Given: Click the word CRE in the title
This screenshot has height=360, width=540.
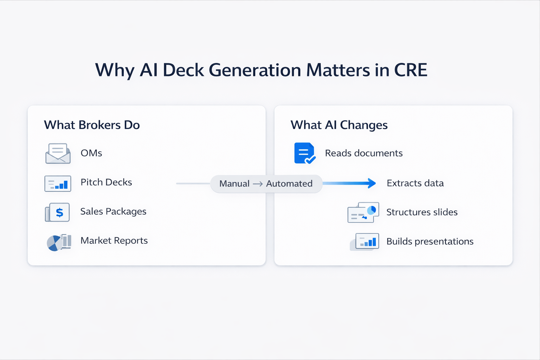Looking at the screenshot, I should (410, 70).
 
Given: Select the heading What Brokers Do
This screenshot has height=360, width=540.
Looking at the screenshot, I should (92, 125).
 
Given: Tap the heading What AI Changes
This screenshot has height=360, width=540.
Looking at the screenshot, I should (339, 125).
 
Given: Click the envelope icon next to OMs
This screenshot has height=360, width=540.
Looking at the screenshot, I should (58, 153).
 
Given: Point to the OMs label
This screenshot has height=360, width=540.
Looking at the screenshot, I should (91, 153).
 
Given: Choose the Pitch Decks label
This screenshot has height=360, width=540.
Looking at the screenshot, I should (106, 182).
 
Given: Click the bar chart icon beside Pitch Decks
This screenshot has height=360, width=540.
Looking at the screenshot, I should (58, 184).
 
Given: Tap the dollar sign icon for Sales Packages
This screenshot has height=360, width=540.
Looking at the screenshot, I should (59, 212).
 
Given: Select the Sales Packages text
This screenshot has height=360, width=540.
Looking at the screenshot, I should (113, 212).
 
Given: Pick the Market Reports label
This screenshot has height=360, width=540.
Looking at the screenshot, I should (114, 241).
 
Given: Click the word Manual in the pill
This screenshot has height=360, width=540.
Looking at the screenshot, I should (234, 184).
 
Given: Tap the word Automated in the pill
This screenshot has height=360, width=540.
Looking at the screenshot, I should (289, 184).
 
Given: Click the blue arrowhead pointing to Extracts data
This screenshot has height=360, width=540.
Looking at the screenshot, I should (371, 183).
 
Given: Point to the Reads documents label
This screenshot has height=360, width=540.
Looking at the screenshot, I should (364, 153).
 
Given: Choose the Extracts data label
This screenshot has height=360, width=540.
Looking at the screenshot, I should (415, 184).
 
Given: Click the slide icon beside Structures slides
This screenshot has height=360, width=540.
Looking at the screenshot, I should (363, 212).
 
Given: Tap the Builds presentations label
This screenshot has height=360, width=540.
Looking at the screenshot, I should (430, 242).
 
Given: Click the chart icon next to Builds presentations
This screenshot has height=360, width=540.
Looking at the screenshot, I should (366, 242).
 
